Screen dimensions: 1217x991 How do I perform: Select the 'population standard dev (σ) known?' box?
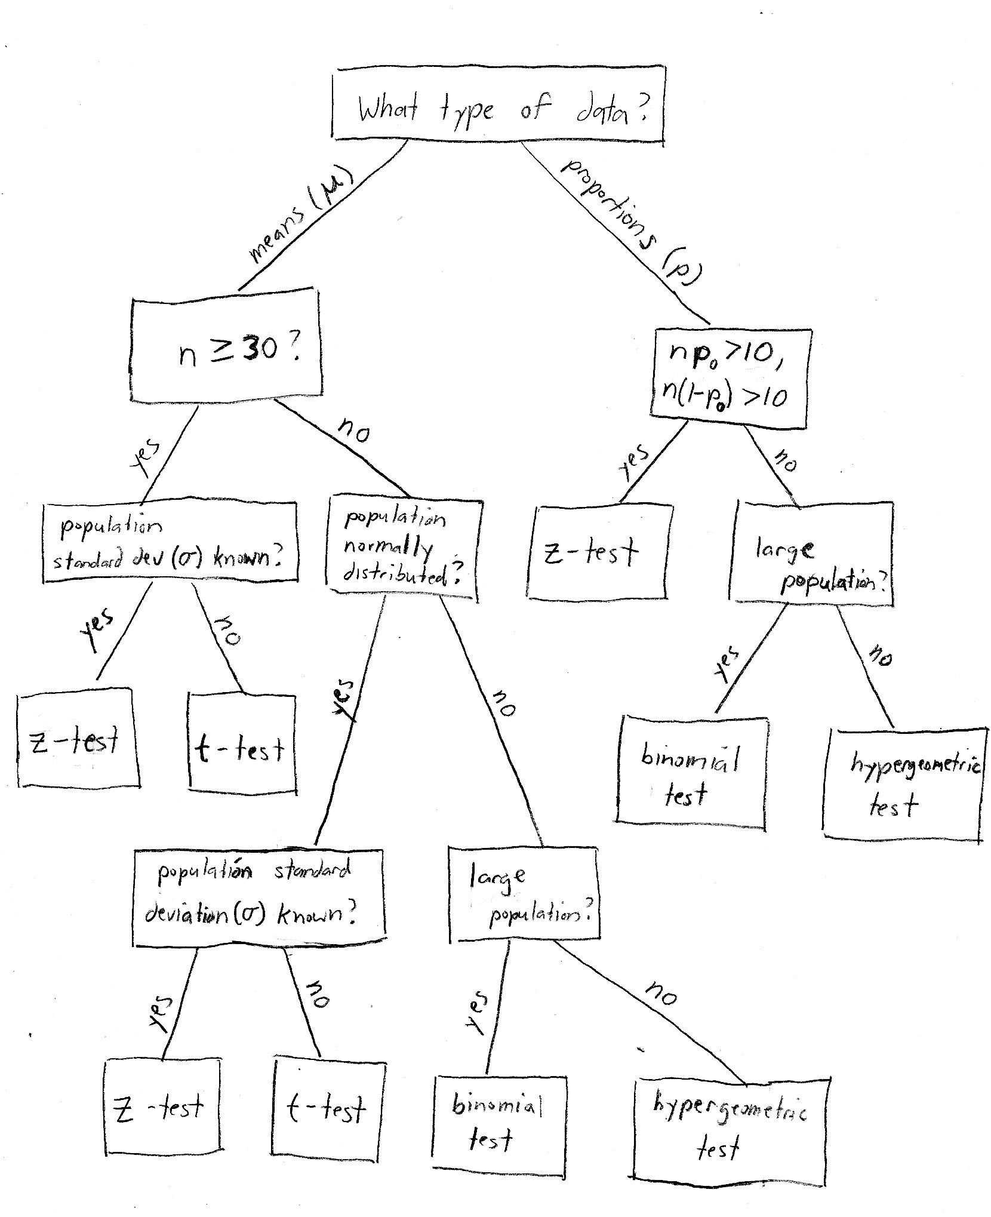tap(170, 543)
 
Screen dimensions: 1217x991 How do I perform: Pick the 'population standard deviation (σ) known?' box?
tap(258, 897)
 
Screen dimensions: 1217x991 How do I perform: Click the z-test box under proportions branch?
tap(600, 552)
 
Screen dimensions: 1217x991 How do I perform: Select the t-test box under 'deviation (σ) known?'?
tap(328, 1108)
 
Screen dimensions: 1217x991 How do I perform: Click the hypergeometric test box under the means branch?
tap(730, 1129)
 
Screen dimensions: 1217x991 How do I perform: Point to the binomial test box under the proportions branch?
tap(691, 773)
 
